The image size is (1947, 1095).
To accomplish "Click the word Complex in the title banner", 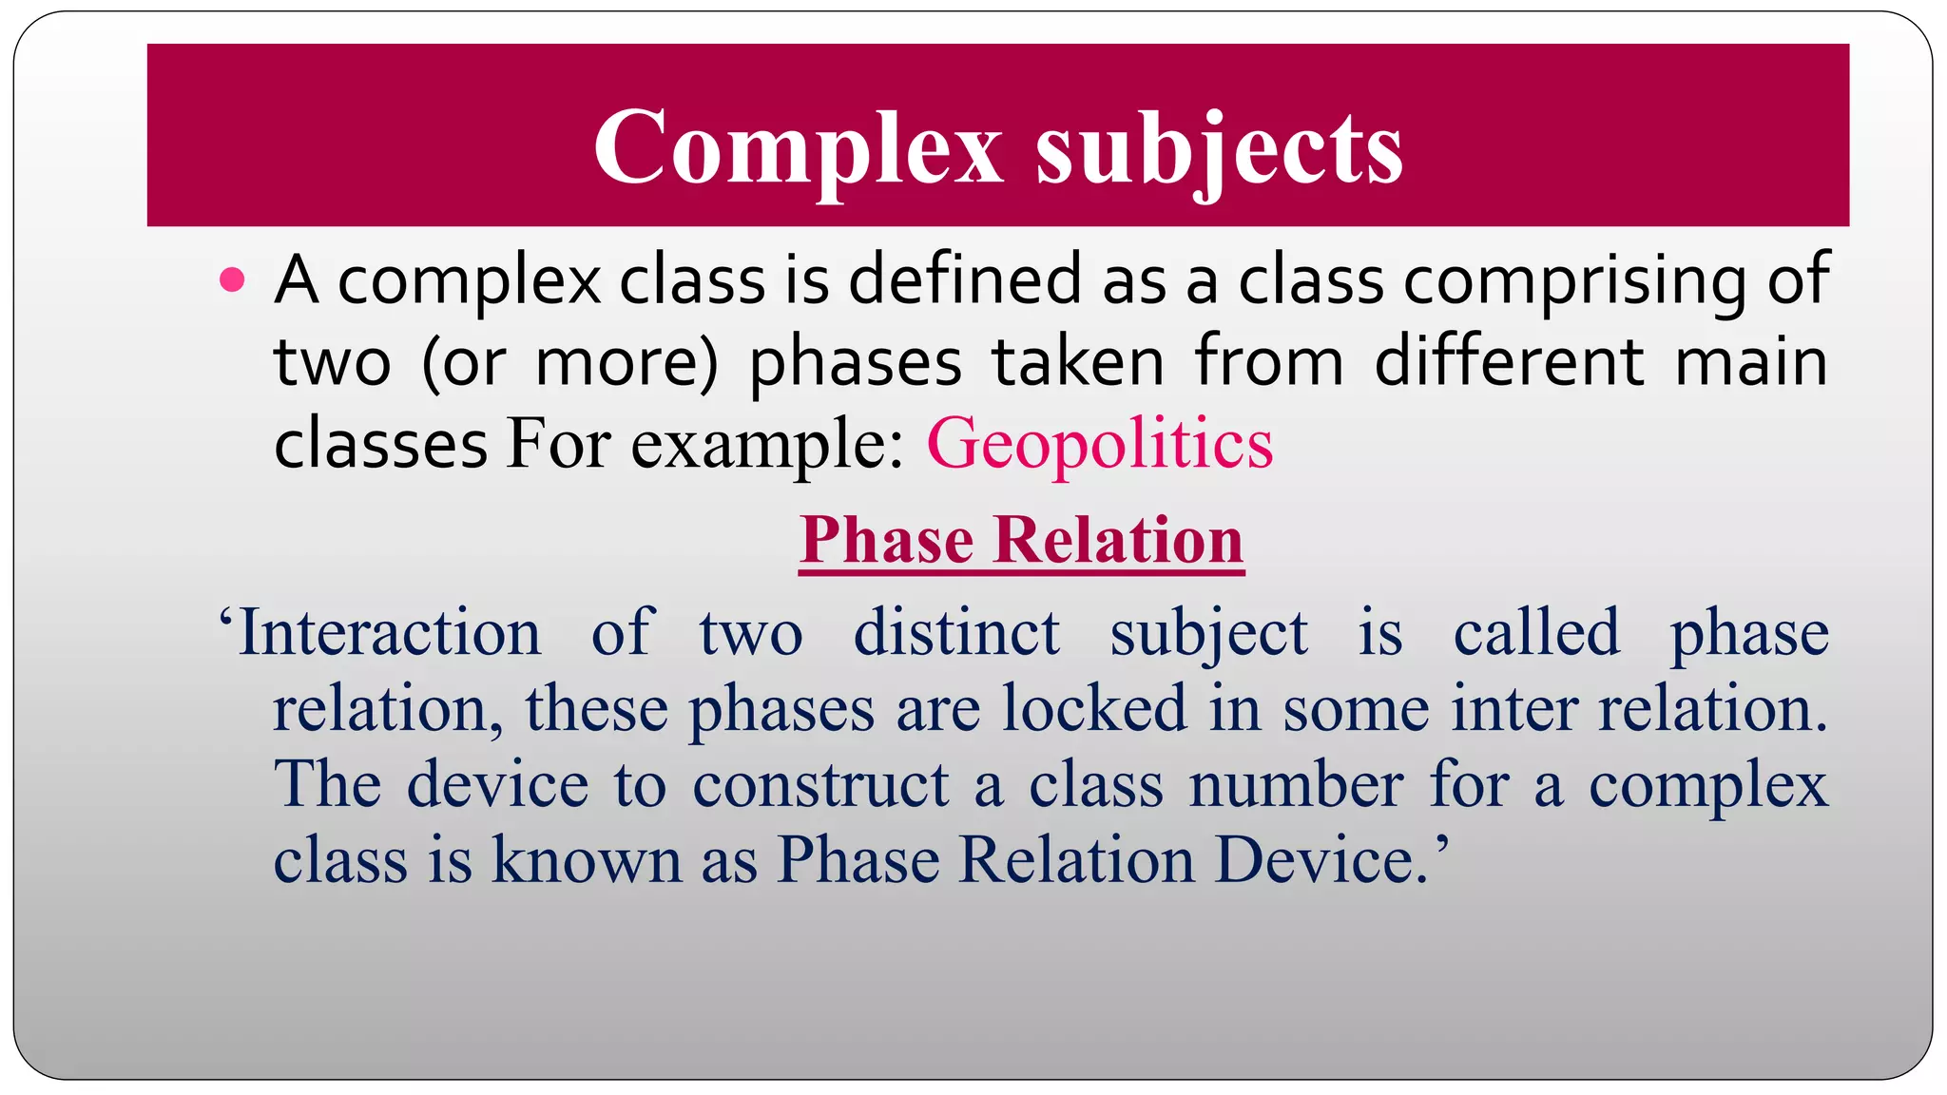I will (798, 147).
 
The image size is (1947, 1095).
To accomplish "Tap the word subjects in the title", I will (1219, 150).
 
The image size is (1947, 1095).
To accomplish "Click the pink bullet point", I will (232, 280).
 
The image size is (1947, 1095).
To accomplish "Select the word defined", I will (965, 279).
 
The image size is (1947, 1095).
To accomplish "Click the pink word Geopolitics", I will (1099, 444).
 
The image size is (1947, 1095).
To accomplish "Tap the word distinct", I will (956, 632).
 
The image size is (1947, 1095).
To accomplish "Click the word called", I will (1535, 632).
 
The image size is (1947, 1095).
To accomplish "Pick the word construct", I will (819, 785).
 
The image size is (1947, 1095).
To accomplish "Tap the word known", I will (587, 860).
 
